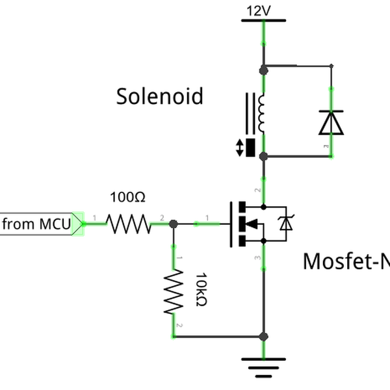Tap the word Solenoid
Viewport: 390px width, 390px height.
(x=160, y=96)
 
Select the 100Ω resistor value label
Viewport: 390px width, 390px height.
(x=129, y=196)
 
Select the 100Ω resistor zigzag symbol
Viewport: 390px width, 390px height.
(x=129, y=224)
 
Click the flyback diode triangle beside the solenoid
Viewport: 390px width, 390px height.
(x=331, y=122)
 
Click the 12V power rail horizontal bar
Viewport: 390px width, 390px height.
(x=263, y=21)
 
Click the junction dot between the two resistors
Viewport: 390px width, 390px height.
(x=173, y=224)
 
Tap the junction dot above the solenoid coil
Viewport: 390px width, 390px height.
(x=263, y=68)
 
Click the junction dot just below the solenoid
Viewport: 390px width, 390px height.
(x=263, y=157)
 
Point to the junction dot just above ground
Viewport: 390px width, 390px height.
(x=263, y=337)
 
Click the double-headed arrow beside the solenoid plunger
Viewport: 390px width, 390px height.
(x=240, y=148)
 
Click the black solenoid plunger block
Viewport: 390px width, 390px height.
(x=251, y=148)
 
